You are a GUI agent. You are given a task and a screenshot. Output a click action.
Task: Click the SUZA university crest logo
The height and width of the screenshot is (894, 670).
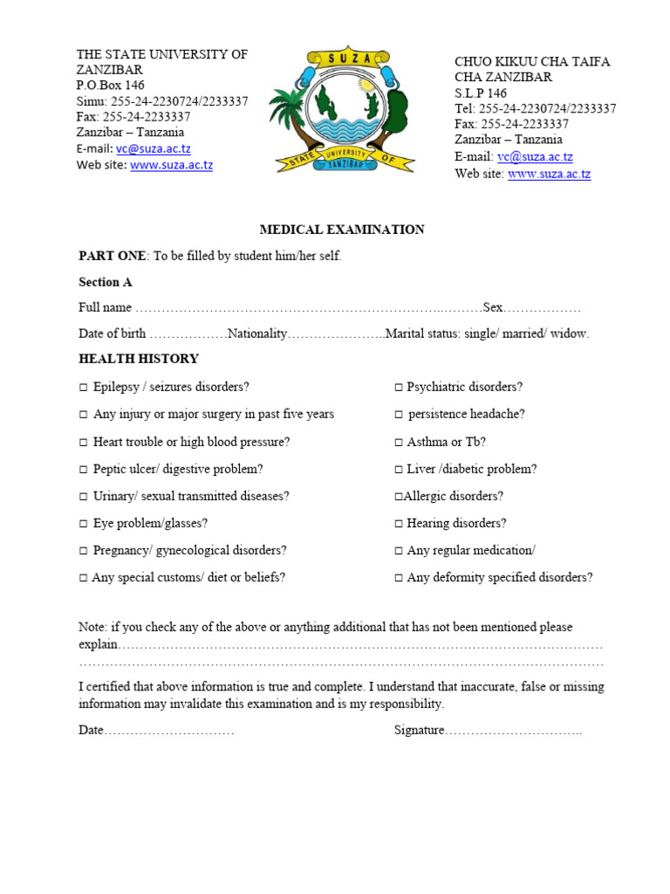[342, 109]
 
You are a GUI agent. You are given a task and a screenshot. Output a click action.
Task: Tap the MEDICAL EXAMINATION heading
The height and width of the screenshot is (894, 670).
[342, 230]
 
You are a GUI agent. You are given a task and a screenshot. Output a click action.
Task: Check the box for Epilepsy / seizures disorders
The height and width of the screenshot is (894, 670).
[84, 387]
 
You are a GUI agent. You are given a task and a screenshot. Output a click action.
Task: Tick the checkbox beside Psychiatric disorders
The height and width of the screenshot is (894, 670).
[398, 387]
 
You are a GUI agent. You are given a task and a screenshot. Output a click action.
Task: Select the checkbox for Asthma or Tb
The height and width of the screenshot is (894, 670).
[398, 442]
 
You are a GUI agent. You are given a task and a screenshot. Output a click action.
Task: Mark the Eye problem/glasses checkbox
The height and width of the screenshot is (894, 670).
[84, 524]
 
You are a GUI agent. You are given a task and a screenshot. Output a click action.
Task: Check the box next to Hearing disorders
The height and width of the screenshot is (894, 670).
[398, 524]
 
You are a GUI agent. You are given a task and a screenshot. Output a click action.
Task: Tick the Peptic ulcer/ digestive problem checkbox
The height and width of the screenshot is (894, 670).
[84, 469]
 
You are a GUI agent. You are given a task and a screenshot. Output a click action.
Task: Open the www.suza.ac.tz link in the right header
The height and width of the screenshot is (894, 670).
[549, 174]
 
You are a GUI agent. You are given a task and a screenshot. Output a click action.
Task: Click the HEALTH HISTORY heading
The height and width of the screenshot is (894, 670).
[139, 359]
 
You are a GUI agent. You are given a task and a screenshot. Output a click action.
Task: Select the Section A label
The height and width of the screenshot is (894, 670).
[106, 282]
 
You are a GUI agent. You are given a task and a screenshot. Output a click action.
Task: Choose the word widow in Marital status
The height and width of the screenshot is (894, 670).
[571, 334]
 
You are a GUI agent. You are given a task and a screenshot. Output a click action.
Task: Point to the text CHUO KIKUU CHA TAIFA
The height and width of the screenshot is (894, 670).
[532, 61]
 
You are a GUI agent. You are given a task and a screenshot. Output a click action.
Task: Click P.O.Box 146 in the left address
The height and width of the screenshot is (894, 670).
[111, 85]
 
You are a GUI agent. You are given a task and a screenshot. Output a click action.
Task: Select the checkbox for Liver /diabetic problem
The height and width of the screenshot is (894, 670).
[398, 469]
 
